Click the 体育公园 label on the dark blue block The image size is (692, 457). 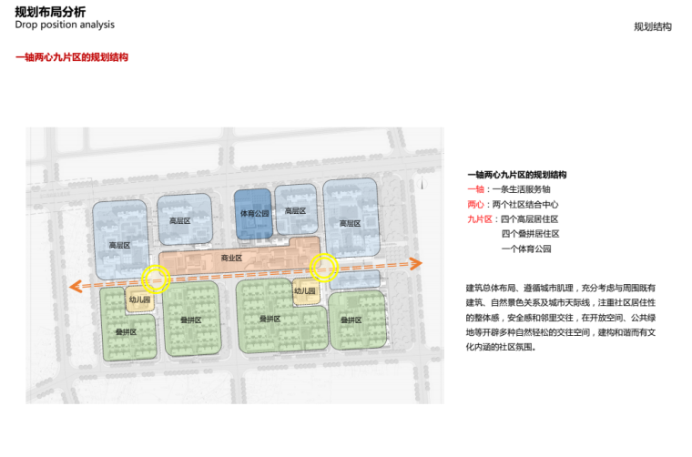click(254, 214)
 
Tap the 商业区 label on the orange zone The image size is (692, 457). click(231, 259)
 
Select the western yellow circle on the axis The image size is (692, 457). click(156, 279)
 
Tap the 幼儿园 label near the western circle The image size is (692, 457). click(139, 300)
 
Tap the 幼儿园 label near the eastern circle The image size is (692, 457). click(304, 291)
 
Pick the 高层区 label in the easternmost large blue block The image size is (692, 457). click(350, 223)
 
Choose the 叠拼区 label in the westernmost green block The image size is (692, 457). click(125, 331)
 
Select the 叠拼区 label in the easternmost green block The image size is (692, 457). click(351, 320)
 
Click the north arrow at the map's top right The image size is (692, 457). click(425, 183)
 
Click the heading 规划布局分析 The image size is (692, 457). click(51, 12)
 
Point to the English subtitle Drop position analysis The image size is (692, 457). click(64, 25)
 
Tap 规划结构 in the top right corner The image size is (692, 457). click(652, 27)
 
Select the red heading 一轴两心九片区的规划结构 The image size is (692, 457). click(71, 57)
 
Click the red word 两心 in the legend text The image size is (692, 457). click(475, 204)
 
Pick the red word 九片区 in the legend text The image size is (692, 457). click(479, 219)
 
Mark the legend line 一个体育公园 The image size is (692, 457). click(526, 249)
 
